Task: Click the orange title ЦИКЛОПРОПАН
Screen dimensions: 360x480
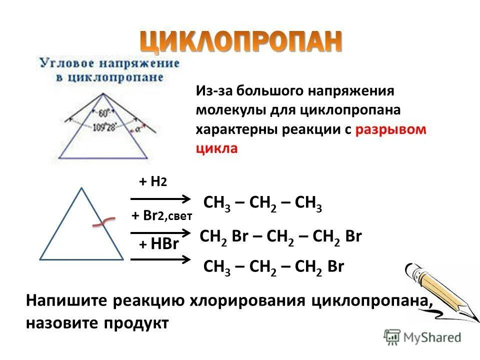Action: (241, 41)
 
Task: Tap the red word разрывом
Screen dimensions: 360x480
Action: (391, 129)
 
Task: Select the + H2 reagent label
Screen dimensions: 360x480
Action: (152, 182)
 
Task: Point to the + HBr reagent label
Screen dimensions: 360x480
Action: (158, 244)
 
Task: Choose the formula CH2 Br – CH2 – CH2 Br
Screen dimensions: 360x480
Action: (280, 236)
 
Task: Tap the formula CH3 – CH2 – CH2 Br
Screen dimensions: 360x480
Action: (274, 266)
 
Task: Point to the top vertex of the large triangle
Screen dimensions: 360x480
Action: (81, 188)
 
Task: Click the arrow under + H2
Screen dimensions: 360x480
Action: (160, 199)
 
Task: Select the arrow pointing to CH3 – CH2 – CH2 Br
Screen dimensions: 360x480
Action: (160, 258)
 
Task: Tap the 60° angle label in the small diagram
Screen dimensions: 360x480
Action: (104, 112)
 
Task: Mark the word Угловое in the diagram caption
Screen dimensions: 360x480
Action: (63, 63)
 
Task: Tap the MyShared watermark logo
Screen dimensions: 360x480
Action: (422, 337)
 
